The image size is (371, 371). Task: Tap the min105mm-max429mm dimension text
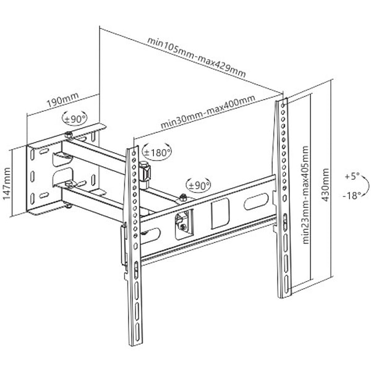click(x=196, y=57)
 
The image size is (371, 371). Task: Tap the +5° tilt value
click(x=351, y=176)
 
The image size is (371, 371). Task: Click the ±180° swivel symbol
click(x=157, y=150)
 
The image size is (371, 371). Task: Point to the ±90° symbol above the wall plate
click(x=76, y=117)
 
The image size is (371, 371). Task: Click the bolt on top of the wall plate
click(x=67, y=135)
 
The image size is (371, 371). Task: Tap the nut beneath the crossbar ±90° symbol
click(x=183, y=198)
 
